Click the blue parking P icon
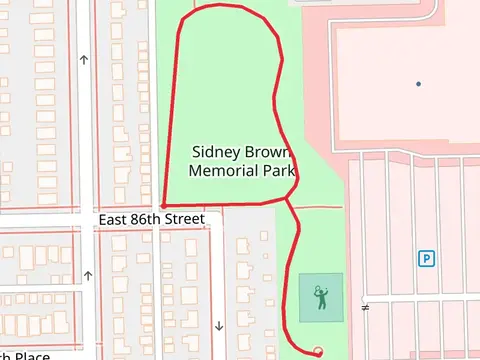426,258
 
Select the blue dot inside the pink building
418,83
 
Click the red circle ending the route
318,351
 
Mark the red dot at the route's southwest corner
163,206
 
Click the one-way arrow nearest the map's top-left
84,59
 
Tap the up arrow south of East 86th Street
89,276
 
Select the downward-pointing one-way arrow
218,325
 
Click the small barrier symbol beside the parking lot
365,306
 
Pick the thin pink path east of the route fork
318,207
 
